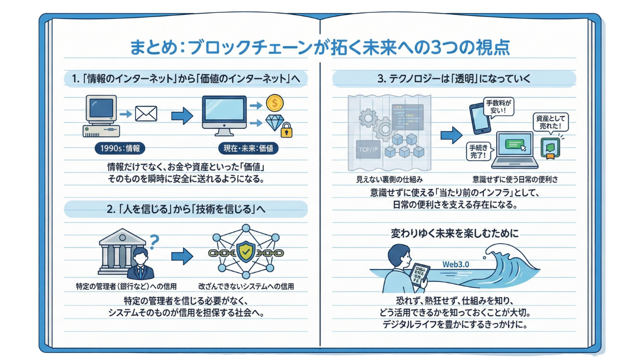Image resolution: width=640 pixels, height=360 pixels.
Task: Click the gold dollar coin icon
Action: point(275,103)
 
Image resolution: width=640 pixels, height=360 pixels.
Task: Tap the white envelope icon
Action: point(146,114)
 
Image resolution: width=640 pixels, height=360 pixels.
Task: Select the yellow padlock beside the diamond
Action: point(286,130)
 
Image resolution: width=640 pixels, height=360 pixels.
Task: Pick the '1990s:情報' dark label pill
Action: point(120,148)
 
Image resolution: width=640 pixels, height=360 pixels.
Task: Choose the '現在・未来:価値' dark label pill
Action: point(249,148)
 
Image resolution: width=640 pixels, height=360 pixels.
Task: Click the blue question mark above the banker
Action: point(154,242)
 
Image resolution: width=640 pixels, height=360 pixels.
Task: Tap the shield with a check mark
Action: point(246,251)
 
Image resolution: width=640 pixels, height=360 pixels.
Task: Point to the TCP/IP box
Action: point(369,149)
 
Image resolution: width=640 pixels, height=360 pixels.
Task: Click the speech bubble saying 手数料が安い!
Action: point(499,107)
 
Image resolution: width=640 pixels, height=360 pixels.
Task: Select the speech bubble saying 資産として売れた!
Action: point(550,123)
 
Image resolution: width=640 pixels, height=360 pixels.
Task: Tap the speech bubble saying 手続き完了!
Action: point(479,151)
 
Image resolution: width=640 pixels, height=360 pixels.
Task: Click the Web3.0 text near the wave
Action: point(455,265)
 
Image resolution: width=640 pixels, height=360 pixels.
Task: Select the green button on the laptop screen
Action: point(514,144)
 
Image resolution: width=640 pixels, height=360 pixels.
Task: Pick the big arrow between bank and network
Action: point(182,256)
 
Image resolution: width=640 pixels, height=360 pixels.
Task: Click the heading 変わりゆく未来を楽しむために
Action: point(454,234)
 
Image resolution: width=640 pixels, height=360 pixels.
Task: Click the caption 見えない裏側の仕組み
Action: point(389,180)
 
